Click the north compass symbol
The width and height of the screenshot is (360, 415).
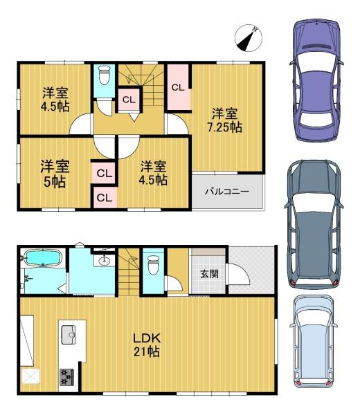tap(249, 38)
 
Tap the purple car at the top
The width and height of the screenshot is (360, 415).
tap(316, 80)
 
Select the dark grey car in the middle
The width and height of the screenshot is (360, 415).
tap(314, 224)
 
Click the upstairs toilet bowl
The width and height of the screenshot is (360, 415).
tap(104, 75)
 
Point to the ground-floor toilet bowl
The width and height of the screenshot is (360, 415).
tap(153, 265)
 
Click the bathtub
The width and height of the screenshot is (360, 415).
tap(42, 257)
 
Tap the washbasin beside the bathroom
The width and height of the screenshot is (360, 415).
tap(104, 261)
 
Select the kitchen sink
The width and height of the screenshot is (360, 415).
tap(69, 335)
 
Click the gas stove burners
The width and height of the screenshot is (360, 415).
tap(67, 377)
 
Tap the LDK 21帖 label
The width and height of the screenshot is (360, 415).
tap(147, 345)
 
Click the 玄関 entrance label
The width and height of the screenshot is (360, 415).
tap(209, 274)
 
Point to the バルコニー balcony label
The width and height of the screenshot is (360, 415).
tap(227, 191)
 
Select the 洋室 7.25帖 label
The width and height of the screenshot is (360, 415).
tap(224, 120)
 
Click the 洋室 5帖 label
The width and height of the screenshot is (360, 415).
tap(55, 174)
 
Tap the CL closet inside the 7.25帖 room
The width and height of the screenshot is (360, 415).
tap(178, 87)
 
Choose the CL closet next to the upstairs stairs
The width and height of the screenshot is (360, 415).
tap(129, 100)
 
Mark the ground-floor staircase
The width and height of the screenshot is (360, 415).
tap(129, 272)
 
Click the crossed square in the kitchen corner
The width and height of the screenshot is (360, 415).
tap(30, 376)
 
